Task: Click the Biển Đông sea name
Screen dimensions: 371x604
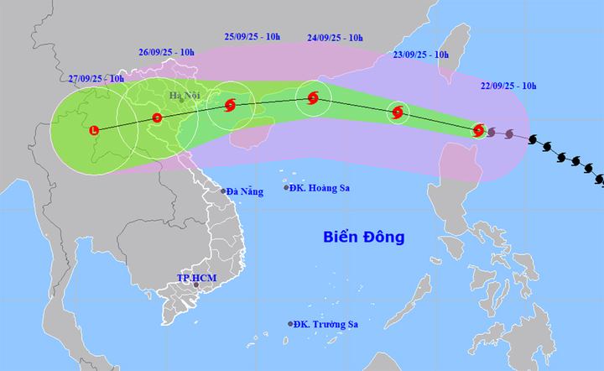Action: click(x=364, y=237)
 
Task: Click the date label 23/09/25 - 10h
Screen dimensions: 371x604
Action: click(x=421, y=55)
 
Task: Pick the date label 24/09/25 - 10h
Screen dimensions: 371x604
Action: click(x=335, y=38)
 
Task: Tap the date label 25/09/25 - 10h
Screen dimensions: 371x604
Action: click(x=253, y=36)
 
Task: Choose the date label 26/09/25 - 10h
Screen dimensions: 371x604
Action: click(x=166, y=52)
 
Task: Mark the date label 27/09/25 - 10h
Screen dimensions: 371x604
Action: click(x=96, y=79)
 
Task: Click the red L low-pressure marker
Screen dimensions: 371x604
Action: click(x=94, y=130)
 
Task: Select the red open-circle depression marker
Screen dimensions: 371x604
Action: click(x=157, y=118)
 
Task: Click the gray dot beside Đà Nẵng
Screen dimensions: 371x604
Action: click(x=223, y=191)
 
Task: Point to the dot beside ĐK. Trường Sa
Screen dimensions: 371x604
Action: click(x=290, y=325)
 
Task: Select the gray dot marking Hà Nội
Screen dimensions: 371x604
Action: click(x=180, y=102)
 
